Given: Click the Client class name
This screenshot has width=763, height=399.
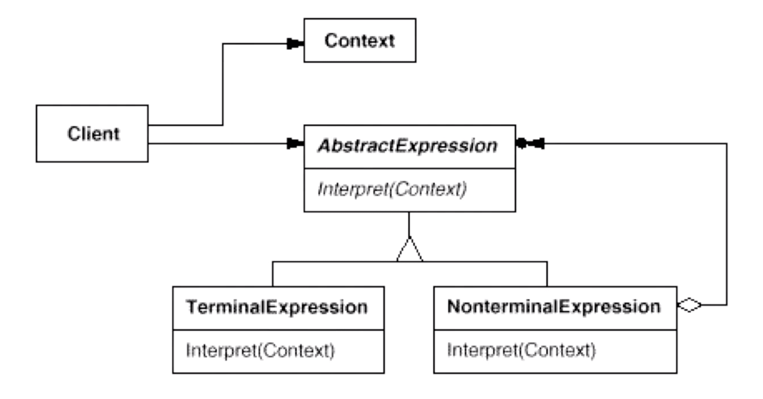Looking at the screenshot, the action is (93, 134).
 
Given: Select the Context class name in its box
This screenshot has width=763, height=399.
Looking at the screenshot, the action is (360, 40).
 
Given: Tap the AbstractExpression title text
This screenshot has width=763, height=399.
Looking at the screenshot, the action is (408, 146).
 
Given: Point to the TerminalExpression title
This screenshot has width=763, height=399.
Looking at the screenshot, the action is (277, 307).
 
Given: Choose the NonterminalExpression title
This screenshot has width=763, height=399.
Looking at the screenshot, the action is (554, 307).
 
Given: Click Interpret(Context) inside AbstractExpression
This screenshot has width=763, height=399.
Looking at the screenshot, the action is (392, 189).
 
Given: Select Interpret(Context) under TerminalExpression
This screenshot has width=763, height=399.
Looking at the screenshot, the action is (260, 351).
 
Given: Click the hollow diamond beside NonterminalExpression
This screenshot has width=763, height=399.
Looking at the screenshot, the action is (689, 305).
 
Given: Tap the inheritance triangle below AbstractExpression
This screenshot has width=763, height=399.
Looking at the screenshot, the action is (410, 249).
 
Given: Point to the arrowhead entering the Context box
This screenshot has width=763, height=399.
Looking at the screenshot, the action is (295, 43).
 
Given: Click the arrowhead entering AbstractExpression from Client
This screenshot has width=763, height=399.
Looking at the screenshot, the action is (295, 143).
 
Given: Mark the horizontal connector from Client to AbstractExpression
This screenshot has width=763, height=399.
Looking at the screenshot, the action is (217, 143).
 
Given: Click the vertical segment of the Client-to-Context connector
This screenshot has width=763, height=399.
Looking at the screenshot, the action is (223, 84).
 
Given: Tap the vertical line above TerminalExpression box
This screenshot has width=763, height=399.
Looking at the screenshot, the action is (272, 274).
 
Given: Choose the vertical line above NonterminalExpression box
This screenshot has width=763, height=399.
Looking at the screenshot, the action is (547, 274).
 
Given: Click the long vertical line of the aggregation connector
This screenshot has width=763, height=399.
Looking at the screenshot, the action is (727, 224).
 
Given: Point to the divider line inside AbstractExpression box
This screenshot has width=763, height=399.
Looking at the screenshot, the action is (410, 168).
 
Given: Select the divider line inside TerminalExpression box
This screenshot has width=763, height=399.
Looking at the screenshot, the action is (278, 330).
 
